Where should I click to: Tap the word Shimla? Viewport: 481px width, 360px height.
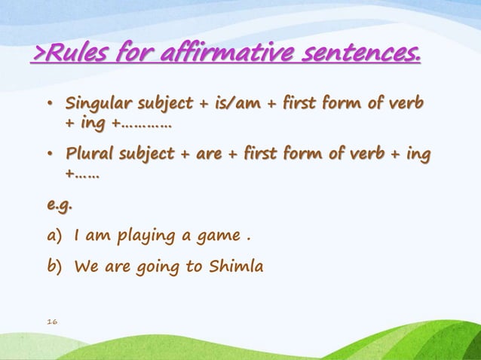tap(239, 266)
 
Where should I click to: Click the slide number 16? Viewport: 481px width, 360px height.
tap(51, 322)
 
